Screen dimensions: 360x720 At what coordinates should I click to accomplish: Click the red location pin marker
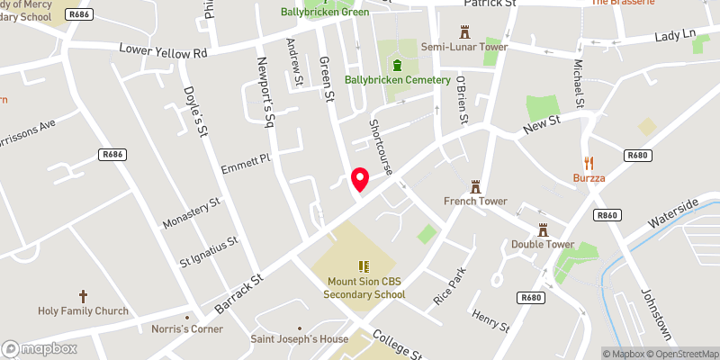pyautogui.click(x=359, y=179)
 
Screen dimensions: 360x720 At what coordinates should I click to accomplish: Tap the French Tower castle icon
pyautogui.click(x=476, y=186)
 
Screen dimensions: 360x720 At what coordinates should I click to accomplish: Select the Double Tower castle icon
pyautogui.click(x=543, y=229)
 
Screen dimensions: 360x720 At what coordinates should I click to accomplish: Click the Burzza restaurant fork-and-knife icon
pyautogui.click(x=589, y=163)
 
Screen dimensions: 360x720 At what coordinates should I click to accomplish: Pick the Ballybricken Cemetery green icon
pyautogui.click(x=398, y=64)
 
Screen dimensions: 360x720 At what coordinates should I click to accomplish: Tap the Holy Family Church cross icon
pyautogui.click(x=83, y=296)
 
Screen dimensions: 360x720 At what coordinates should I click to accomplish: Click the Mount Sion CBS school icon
pyautogui.click(x=364, y=266)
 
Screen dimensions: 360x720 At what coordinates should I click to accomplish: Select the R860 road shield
pyautogui.click(x=608, y=215)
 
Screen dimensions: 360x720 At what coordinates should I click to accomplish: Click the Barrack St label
pyautogui.click(x=238, y=294)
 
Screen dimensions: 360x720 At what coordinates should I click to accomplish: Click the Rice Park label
pyautogui.click(x=452, y=285)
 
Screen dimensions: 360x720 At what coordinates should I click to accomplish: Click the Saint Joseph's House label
pyautogui.click(x=299, y=339)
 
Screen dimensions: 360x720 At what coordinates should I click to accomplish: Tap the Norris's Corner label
pyautogui.click(x=188, y=328)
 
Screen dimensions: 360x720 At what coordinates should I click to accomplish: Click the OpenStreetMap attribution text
pyautogui.click(x=683, y=354)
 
